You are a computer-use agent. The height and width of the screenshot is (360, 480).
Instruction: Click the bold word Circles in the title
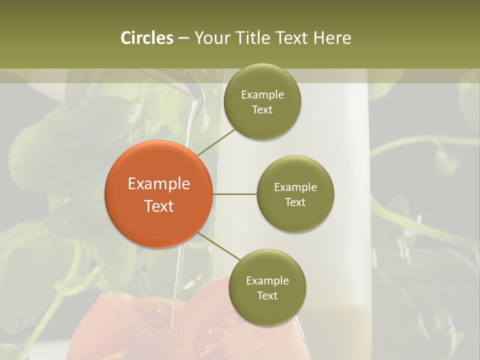146,38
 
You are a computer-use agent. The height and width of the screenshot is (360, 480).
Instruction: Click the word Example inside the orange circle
159,184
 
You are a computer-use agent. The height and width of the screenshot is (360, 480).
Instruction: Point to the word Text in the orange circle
159,206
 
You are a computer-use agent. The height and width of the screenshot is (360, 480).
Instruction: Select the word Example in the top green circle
262,95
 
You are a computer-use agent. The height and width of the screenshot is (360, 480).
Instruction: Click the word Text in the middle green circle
295,202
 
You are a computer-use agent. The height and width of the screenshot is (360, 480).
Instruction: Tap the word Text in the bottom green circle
267,296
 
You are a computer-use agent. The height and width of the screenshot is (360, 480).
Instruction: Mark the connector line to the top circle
215,142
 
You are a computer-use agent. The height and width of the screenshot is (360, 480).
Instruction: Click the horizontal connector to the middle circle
234,194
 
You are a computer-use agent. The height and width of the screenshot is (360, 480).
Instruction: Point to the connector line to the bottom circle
218,246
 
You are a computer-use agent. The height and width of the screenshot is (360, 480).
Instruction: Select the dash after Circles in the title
183,38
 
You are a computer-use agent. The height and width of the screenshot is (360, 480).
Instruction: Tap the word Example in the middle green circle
295,187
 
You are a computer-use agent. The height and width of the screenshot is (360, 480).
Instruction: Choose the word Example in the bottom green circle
267,281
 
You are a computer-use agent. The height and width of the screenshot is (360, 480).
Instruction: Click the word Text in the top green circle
262,110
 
